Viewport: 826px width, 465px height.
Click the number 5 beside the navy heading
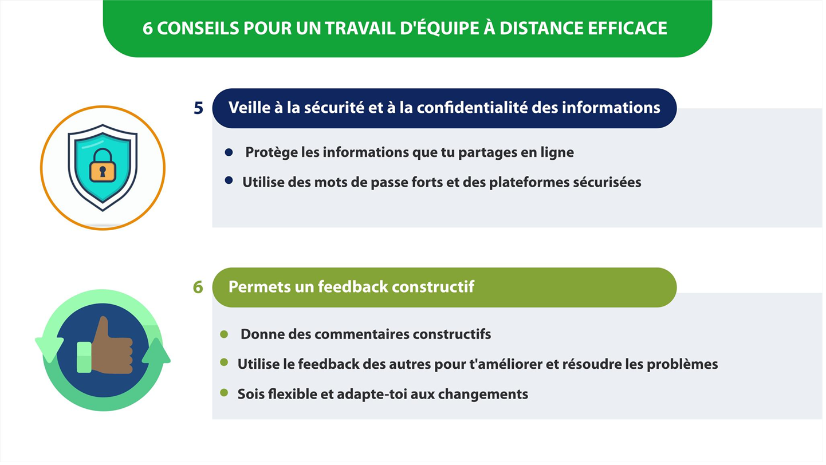tap(198, 108)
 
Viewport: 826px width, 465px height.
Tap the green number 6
tap(198, 287)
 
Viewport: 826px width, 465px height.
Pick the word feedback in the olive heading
tap(353, 287)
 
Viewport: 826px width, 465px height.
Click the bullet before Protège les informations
tap(229, 152)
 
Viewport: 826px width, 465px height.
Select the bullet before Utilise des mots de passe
tap(229, 180)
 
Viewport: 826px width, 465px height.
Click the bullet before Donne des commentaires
tap(224, 334)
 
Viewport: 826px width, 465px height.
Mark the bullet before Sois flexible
tap(224, 392)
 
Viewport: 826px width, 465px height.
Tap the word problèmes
tap(683, 364)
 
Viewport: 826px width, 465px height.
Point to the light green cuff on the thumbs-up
tap(84, 357)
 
